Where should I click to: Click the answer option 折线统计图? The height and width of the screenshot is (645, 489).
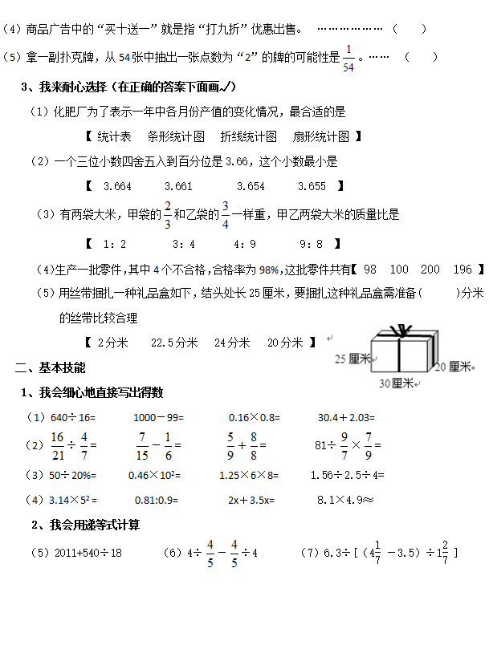point(249,136)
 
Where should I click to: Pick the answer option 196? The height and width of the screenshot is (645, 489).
point(463,270)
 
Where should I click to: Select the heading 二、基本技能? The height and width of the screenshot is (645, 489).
point(51,367)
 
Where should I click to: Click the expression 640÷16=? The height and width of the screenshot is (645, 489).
point(73,417)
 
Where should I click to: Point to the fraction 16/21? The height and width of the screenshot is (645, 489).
point(57,444)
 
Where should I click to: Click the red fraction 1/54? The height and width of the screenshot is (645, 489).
point(348,58)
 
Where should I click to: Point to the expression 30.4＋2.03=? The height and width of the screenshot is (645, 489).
point(346,417)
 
